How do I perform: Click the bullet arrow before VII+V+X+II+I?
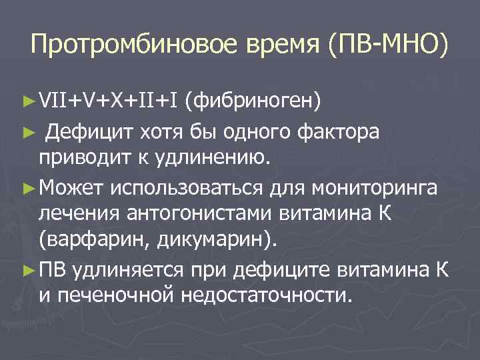coord(28,101)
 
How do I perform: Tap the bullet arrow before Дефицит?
coord(28,132)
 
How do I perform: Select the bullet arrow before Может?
coord(28,188)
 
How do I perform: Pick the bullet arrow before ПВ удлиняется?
coord(28,270)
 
